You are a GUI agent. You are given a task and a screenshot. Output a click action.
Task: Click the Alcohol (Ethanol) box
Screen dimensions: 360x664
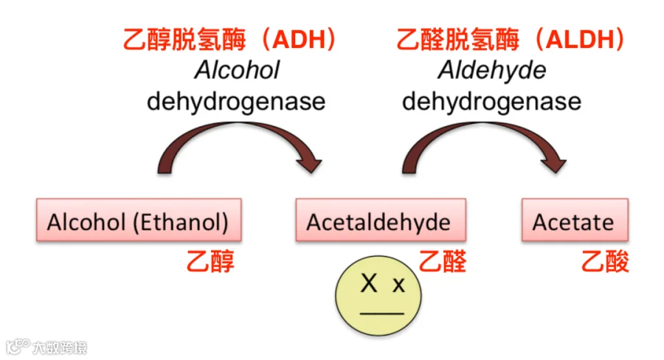click(138, 221)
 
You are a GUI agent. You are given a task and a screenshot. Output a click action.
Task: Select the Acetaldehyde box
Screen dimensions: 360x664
click(378, 221)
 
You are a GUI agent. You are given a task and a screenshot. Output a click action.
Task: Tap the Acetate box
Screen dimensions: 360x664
click(573, 221)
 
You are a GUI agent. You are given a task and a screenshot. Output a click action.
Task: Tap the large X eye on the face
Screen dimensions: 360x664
click(369, 283)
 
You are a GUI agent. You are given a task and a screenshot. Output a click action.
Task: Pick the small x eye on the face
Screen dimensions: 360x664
click(398, 285)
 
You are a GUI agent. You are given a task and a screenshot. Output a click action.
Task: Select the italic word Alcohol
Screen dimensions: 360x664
click(237, 70)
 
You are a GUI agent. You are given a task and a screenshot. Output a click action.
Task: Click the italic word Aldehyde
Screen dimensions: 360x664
click(491, 70)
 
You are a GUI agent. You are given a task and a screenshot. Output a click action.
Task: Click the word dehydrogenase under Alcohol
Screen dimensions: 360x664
click(236, 100)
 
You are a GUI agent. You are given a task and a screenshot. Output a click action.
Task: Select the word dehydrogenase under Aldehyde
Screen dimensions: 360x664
click(491, 100)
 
